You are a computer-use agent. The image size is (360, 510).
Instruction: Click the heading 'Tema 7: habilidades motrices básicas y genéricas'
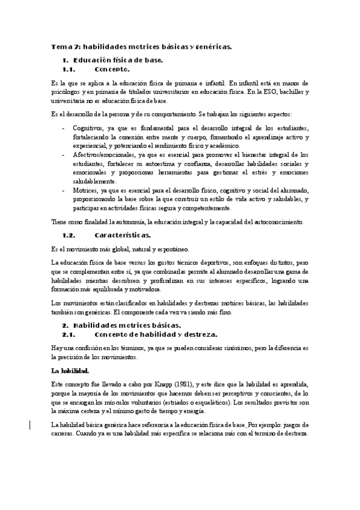141,46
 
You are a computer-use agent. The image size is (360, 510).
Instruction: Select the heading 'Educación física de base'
117,60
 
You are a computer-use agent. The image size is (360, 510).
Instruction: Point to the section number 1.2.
72,235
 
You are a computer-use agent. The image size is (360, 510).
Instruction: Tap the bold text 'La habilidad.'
70,370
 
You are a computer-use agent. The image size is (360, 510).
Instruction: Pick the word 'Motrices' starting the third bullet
85,190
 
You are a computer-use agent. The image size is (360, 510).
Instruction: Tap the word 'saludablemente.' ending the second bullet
94,181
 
